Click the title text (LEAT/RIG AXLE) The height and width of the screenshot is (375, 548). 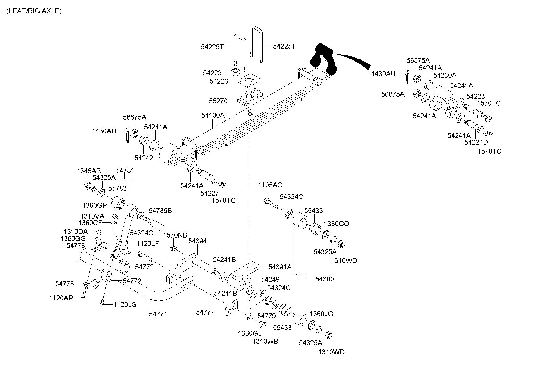point(34,11)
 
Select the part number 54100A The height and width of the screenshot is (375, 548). point(213,115)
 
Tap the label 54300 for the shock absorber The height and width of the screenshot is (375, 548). point(324,279)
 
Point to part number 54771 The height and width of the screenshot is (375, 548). point(158,314)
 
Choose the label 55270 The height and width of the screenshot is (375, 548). point(218,101)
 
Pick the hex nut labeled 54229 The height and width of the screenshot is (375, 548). point(235,72)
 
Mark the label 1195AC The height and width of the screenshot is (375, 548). point(270,185)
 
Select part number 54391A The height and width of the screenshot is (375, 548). point(280,267)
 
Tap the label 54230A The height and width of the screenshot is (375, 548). point(445,75)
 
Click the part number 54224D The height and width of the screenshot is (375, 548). point(476,142)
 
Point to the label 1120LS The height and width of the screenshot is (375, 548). point(125,304)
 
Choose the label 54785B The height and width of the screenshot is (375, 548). point(160,211)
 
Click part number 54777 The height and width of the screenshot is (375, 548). point(205,312)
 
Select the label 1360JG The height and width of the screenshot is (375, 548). point(321,314)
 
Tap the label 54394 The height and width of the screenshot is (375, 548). point(197,241)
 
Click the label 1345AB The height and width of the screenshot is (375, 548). point(89,171)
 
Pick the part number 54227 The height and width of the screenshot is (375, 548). point(209,193)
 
